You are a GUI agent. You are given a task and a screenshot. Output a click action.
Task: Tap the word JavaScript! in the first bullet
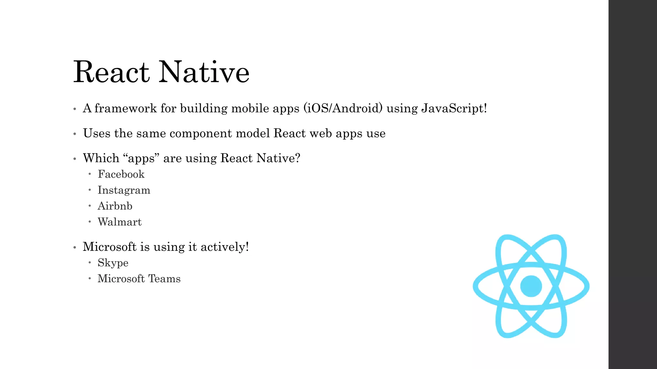point(454,109)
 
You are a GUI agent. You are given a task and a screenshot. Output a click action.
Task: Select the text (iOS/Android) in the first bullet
point(343,108)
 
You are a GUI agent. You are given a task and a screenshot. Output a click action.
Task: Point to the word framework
point(125,108)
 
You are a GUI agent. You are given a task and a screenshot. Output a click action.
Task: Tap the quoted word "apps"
point(141,158)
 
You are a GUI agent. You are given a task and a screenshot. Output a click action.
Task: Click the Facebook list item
point(121,174)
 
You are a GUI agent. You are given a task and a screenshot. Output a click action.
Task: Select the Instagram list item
point(124,190)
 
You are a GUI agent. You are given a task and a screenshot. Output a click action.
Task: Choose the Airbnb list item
point(115,206)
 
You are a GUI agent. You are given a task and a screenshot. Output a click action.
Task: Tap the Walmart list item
point(119,222)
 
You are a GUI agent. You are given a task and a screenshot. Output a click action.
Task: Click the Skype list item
point(113,263)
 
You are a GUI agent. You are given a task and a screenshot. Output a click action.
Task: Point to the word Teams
point(165,279)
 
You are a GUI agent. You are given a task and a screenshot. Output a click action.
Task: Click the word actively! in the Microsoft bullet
point(225,247)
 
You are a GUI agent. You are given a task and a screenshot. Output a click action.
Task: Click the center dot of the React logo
point(531,286)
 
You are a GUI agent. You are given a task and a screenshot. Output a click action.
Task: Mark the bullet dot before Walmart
point(90,221)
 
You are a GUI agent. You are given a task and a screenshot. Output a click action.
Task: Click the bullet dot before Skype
point(90,262)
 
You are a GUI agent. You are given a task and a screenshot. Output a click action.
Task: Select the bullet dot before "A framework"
point(75,109)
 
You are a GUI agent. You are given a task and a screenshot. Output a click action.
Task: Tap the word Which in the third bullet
point(101,158)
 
